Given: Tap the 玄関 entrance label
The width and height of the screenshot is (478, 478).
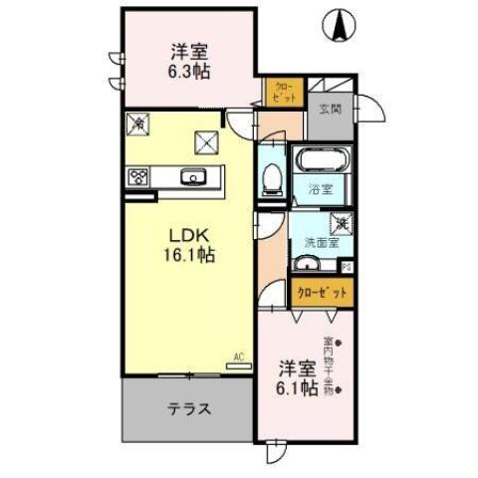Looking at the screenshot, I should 331,110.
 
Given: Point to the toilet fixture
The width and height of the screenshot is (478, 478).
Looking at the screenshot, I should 271,178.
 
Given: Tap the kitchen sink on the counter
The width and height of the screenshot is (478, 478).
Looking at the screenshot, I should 192,178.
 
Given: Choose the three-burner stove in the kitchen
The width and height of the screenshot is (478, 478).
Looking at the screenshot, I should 137,178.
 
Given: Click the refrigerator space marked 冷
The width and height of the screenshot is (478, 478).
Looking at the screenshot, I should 135,124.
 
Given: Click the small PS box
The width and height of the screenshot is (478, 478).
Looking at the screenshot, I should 347,266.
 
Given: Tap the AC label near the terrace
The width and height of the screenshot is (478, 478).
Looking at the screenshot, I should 239,356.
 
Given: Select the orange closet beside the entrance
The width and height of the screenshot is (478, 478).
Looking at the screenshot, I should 283,92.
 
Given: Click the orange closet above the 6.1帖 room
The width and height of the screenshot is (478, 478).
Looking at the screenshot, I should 321,294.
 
